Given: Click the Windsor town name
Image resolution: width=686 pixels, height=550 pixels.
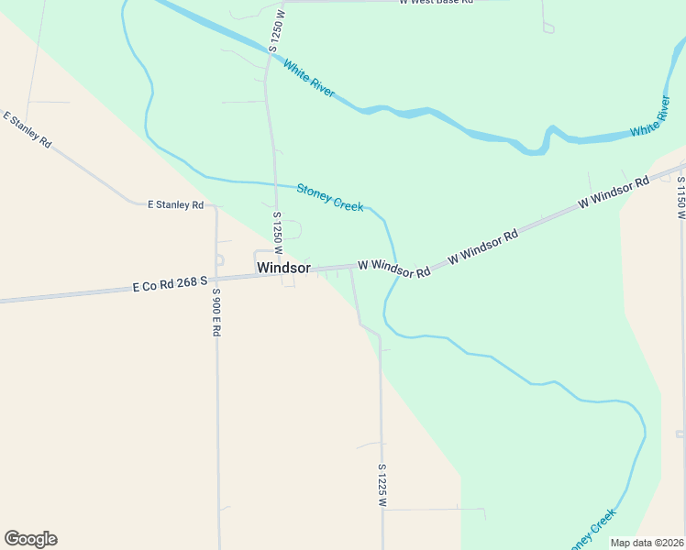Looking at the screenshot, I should [283, 269].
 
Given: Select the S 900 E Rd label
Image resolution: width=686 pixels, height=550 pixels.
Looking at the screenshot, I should [216, 313].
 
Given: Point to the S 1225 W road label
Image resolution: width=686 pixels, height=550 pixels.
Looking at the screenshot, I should [382, 485].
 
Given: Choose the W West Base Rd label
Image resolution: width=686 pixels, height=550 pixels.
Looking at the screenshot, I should [436, 3].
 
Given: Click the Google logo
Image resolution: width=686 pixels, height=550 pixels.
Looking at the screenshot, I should [30, 539].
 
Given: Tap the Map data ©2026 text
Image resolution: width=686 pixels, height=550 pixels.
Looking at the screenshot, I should [647, 543].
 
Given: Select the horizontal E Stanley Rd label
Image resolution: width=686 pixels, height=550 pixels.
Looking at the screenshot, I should [175, 205].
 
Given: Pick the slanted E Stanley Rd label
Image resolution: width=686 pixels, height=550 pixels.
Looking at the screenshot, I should [28, 131].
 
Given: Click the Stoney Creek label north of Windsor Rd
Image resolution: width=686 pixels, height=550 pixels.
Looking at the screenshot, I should [330, 197].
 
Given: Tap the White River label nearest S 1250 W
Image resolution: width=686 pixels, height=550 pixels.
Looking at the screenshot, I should [309, 80].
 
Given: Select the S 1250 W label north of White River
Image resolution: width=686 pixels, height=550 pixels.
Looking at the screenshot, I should [273, 31].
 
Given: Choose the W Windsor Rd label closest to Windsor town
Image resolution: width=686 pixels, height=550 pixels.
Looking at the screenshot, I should [393, 269].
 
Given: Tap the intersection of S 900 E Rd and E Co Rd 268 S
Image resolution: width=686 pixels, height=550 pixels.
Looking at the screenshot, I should [217, 283].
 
